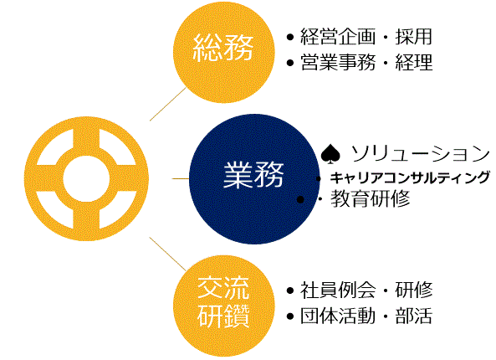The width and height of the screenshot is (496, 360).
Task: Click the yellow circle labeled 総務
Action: [x=224, y=52]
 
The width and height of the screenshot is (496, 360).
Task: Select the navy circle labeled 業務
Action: [x=254, y=179]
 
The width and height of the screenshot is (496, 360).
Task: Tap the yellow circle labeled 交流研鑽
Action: [x=224, y=306]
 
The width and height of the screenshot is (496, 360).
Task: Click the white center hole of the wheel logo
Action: [x=86, y=179]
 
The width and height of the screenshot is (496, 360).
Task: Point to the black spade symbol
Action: [x=330, y=154]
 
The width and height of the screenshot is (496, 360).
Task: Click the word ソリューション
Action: [x=420, y=154]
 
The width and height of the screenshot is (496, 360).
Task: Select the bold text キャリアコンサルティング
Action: [x=410, y=177]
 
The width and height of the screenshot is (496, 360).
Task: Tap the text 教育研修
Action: [x=371, y=199]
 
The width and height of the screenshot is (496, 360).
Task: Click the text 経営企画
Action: [x=338, y=36]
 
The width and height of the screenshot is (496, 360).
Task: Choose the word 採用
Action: [x=413, y=36]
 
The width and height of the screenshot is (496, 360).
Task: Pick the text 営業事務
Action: [x=338, y=62]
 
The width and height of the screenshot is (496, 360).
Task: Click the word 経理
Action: [x=413, y=62]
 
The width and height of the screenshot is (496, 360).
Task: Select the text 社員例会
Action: [x=338, y=290]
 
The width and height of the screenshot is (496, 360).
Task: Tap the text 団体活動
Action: [x=338, y=316]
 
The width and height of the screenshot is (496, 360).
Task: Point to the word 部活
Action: [x=413, y=316]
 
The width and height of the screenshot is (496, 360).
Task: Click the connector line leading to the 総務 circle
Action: [x=167, y=104]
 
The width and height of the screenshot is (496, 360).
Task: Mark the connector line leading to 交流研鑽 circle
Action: [x=167, y=255]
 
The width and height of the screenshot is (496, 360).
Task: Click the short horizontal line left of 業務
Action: [x=181, y=179]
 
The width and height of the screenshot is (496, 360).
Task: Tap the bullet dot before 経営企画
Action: [x=290, y=37]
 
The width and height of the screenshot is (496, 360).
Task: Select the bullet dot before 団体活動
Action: [x=290, y=316]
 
